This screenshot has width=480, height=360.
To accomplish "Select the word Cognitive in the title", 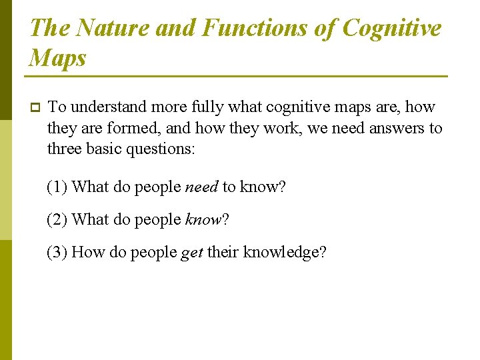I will pos(391,28).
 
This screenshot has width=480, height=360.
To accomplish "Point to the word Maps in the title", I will pos(58,58).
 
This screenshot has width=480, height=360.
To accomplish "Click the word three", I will pos(65,149).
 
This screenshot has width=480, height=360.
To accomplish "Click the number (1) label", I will pos(57,187).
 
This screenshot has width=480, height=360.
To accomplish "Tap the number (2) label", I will pos(57,219).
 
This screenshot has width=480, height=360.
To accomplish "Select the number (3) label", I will pos(57,252).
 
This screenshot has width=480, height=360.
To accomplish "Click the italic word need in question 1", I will pos(201,187).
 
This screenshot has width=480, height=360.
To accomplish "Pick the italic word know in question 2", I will pos(203,219).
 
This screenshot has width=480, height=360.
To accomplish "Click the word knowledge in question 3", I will pos(281,252).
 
